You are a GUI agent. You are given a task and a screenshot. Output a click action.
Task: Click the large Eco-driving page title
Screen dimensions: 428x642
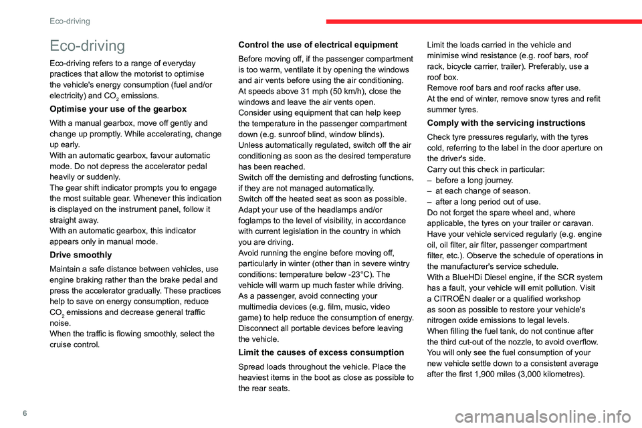point(88,46)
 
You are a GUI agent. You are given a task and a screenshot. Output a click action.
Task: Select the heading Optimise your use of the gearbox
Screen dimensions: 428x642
point(117,108)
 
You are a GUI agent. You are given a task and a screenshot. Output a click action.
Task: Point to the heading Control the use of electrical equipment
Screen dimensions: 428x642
point(318,45)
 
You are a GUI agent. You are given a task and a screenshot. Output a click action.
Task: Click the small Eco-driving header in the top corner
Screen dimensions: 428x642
point(70,21)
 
